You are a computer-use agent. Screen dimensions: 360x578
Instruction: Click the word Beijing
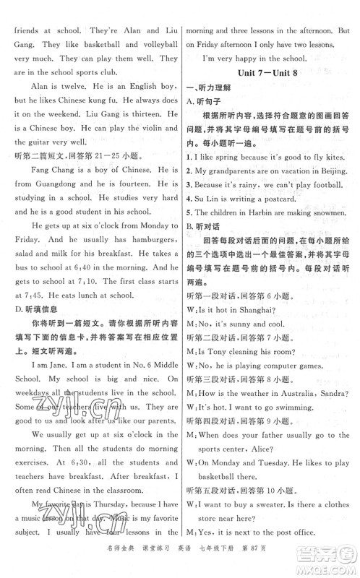pyautogui.click(x=337, y=175)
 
